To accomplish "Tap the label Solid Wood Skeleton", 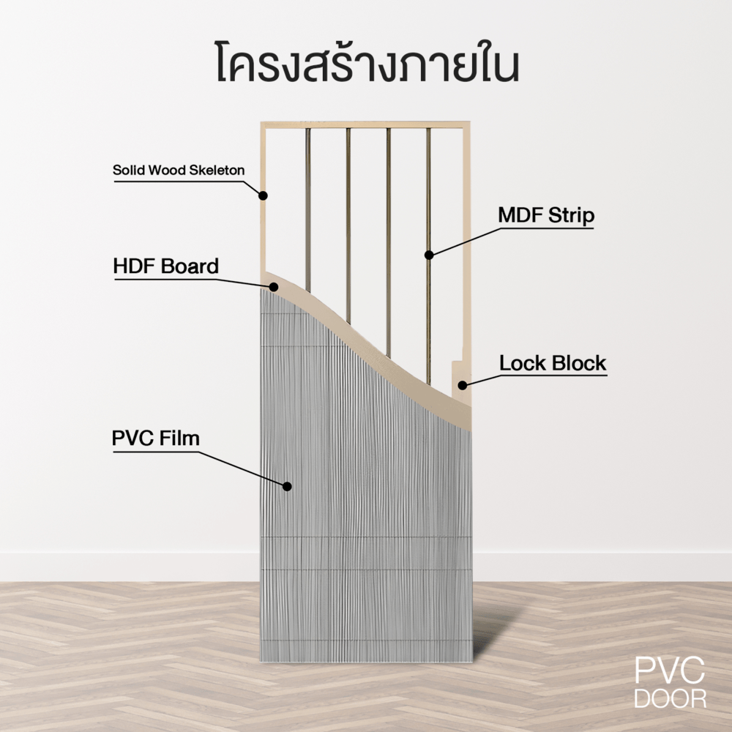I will tap(179, 171).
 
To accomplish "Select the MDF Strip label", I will tap(546, 216).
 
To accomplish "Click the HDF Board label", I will tap(165, 266).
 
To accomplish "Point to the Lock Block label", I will tap(553, 363).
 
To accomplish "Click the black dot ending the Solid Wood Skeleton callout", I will tap(264, 195).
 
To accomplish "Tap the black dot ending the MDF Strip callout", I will tap(429, 255).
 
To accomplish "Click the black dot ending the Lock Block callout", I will tap(462, 384).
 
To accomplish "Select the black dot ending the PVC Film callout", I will tap(287, 485).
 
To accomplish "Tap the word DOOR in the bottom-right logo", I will tap(670, 698).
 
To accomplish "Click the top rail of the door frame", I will tap(366, 125).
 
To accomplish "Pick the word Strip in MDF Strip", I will tap(572, 216).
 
